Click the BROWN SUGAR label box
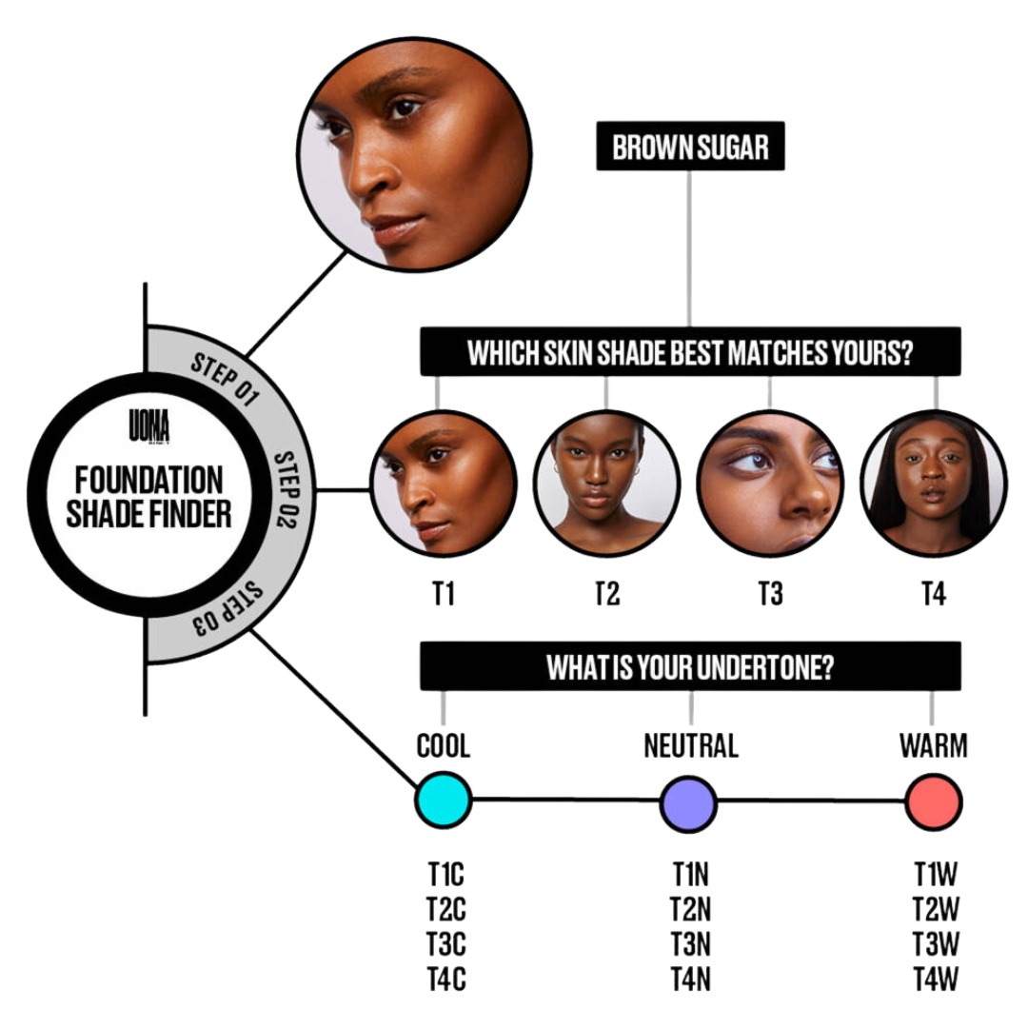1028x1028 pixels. (690, 147)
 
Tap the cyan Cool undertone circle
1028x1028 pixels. (443, 801)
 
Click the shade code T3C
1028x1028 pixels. (446, 943)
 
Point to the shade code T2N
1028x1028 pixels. (691, 909)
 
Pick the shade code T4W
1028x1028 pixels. (936, 979)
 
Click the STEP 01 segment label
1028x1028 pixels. (226, 380)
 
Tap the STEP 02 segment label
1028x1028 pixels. (287, 489)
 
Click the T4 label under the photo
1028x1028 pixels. (934, 595)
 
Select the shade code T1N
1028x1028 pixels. (691, 874)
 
